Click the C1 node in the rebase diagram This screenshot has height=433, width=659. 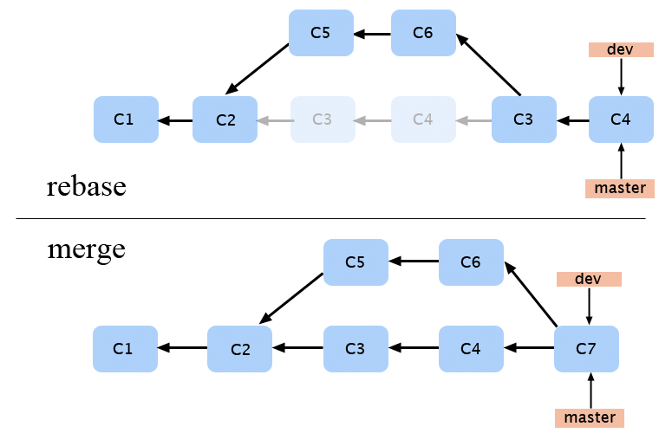pyautogui.click(x=126, y=120)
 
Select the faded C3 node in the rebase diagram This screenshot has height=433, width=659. pyautogui.click(x=323, y=120)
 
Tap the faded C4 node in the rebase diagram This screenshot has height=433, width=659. pyautogui.click(x=423, y=120)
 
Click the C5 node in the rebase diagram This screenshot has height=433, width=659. pyautogui.click(x=321, y=33)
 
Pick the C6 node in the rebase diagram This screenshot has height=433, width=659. pyautogui.click(x=423, y=33)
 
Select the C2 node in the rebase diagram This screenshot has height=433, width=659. pyautogui.click(x=225, y=120)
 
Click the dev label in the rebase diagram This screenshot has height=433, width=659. pyautogui.click(x=620, y=49)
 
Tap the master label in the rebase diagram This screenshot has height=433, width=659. pyautogui.click(x=619, y=188)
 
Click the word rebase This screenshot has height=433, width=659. pyautogui.click(x=87, y=186)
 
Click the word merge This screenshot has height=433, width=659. pyautogui.click(x=86, y=249)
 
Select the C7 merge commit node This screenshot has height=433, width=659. pyautogui.click(x=586, y=349)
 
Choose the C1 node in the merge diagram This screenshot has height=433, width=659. pyautogui.click(x=125, y=349)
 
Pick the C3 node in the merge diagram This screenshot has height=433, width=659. pyautogui.click(x=356, y=349)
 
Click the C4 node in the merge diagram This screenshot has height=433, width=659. pyautogui.click(x=471, y=349)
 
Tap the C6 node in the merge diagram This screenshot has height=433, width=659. pyautogui.click(x=471, y=262)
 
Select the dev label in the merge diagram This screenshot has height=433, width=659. pyautogui.click(x=589, y=279)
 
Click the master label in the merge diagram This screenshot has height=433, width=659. pyautogui.click(x=590, y=418)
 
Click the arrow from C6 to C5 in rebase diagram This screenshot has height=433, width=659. pyautogui.click(x=372, y=34)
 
